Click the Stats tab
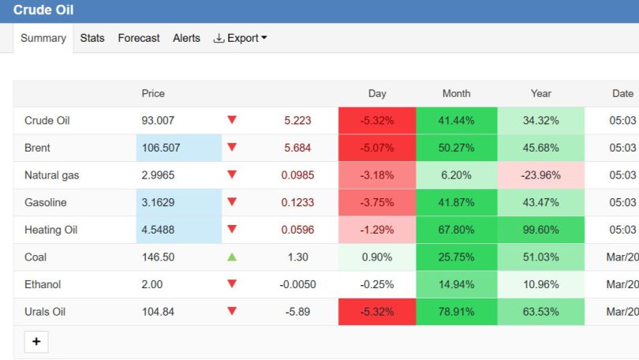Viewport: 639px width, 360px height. (x=92, y=38)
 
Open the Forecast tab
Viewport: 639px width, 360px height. (x=139, y=38)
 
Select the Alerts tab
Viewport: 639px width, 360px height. (x=186, y=38)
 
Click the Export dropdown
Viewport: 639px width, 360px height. (x=240, y=38)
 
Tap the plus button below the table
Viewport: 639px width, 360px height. (x=36, y=342)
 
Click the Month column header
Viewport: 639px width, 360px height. (x=457, y=93)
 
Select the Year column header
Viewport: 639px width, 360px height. (x=541, y=93)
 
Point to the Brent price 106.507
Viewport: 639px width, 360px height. (x=161, y=148)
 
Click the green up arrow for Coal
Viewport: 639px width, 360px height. (x=232, y=257)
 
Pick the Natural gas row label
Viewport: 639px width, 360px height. (x=52, y=175)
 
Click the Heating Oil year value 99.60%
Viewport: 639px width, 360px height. (x=541, y=230)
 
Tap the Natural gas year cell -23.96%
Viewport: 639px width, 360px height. (x=541, y=175)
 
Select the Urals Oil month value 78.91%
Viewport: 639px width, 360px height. (x=457, y=312)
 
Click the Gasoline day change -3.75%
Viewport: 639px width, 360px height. (x=377, y=202)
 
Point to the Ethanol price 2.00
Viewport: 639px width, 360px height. (x=152, y=284)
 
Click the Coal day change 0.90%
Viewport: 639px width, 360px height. (x=377, y=257)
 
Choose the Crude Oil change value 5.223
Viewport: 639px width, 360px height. (x=297, y=120)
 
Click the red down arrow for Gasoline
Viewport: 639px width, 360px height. (x=232, y=201)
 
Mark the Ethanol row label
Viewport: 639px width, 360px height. (x=43, y=284)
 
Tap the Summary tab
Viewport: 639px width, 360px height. (x=43, y=38)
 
